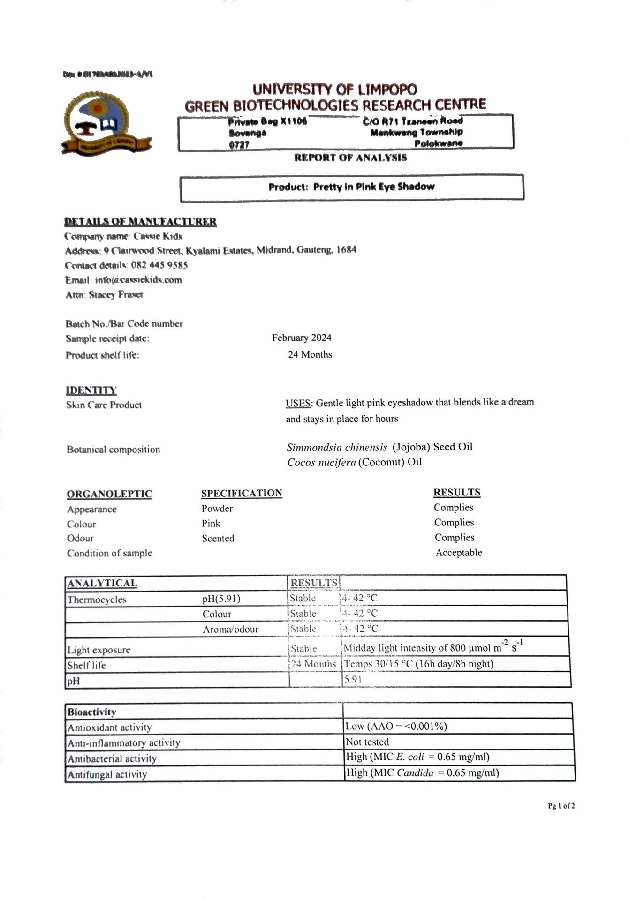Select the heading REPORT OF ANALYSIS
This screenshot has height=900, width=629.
[x=350, y=158]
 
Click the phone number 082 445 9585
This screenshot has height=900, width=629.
[x=159, y=265]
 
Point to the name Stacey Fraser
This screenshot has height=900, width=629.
[x=116, y=295]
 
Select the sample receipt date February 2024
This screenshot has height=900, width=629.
[x=302, y=338]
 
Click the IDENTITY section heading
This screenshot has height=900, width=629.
[x=91, y=390]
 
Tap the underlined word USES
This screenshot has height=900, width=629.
[x=298, y=403]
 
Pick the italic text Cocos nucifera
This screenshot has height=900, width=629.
[x=321, y=463]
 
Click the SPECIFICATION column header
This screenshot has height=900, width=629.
[x=242, y=494]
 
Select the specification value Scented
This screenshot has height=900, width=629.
[x=218, y=539]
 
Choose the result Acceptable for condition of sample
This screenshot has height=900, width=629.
[x=459, y=553]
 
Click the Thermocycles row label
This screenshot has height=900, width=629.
[x=97, y=600]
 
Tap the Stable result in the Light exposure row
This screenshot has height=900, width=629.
[x=303, y=649]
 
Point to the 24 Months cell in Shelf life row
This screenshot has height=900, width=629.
[x=313, y=664]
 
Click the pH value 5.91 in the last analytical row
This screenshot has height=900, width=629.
[x=353, y=679]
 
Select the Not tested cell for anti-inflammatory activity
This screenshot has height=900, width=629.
[x=367, y=742]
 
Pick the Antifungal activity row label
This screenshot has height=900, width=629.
[x=107, y=774]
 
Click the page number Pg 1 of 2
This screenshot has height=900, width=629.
[x=561, y=806]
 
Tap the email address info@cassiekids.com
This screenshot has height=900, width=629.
[x=138, y=280]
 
